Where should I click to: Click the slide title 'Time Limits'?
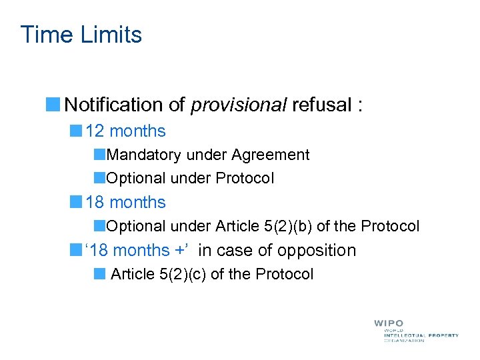click(81, 34)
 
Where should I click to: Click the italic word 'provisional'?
click(238, 105)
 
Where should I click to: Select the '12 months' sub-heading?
click(125, 131)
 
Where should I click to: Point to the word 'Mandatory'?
click(143, 155)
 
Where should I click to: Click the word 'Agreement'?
click(270, 155)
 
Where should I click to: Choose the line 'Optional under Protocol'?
click(190, 178)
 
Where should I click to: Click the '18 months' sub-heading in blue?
click(125, 202)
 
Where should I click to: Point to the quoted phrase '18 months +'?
click(138, 250)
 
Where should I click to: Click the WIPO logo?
click(415, 331)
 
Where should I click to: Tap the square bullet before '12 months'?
click(77, 131)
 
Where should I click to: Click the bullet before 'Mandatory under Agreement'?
click(99, 155)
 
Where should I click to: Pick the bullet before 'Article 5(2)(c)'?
click(99, 273)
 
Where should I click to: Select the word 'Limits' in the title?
click(113, 34)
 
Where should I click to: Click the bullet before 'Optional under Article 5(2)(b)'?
click(99, 226)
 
